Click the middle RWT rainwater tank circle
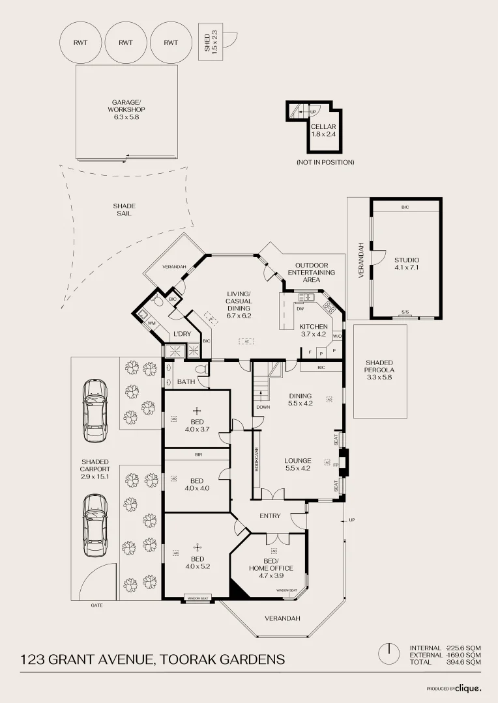coord(126,42)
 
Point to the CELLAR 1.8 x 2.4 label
coord(323,130)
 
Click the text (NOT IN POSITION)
coord(325,162)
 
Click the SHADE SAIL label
coord(124,210)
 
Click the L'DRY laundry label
coord(182,334)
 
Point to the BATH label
coord(186,381)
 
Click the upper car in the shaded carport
coord(95,410)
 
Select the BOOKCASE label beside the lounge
coord(257,459)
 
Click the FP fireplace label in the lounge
coord(336,465)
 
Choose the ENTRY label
coord(270,516)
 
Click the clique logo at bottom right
coord(467,687)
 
